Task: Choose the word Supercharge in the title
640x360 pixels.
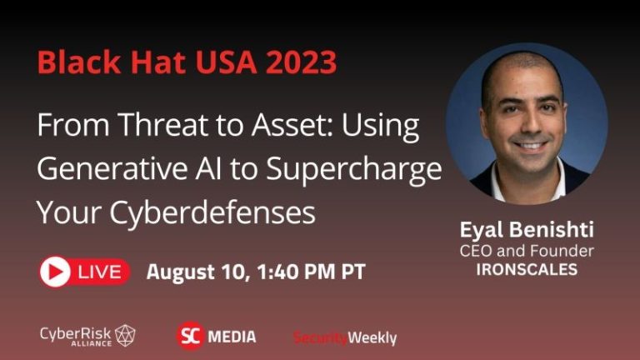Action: click(354, 170)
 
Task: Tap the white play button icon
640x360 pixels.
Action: click(56, 272)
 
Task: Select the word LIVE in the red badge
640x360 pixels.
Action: click(101, 272)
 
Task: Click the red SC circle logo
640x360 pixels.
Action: click(191, 336)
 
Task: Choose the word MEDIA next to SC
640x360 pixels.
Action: click(232, 337)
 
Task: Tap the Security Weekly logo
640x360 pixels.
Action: click(345, 337)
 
